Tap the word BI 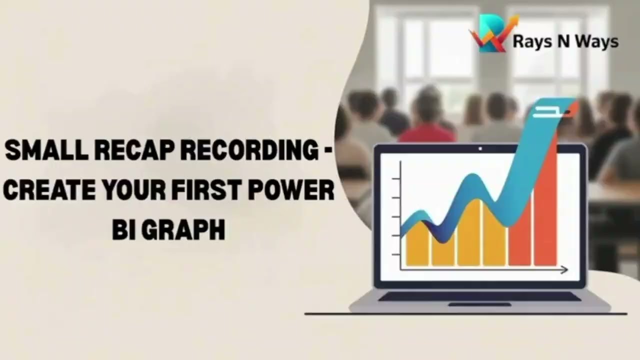click(x=120, y=230)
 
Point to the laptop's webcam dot click(x=480, y=148)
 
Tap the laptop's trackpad click(x=479, y=304)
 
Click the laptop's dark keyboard click(x=479, y=296)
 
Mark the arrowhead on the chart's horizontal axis click(x=564, y=270)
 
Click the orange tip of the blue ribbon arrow click(x=571, y=106)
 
